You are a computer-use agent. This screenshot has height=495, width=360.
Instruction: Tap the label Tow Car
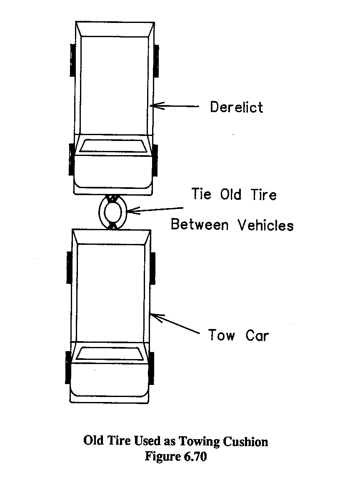(238, 335)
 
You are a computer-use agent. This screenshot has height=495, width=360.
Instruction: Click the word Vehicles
(265, 225)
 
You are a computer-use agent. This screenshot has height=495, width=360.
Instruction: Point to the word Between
(200, 225)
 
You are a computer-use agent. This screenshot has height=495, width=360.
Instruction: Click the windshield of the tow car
(111, 354)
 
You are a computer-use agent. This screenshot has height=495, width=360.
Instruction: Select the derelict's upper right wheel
(157, 60)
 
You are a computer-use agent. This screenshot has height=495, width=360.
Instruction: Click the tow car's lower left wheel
(67, 367)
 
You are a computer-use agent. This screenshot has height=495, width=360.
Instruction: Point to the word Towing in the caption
(201, 442)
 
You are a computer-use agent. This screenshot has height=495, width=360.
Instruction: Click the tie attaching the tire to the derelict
(112, 199)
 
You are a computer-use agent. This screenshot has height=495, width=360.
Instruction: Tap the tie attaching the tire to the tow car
(112, 226)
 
